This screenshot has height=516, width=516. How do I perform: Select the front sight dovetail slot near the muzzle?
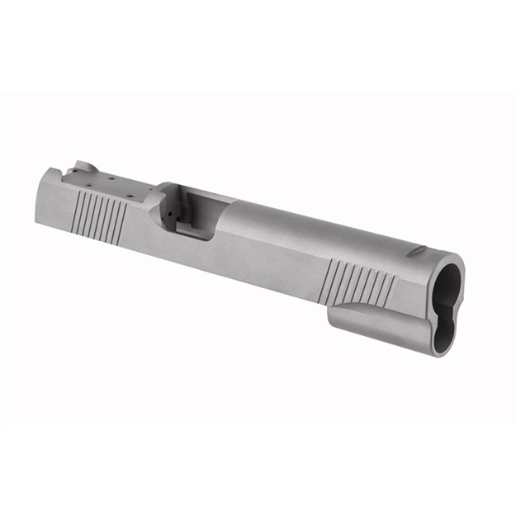419,249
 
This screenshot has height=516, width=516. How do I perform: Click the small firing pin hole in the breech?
170,211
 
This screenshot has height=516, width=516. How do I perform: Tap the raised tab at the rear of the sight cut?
83,168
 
